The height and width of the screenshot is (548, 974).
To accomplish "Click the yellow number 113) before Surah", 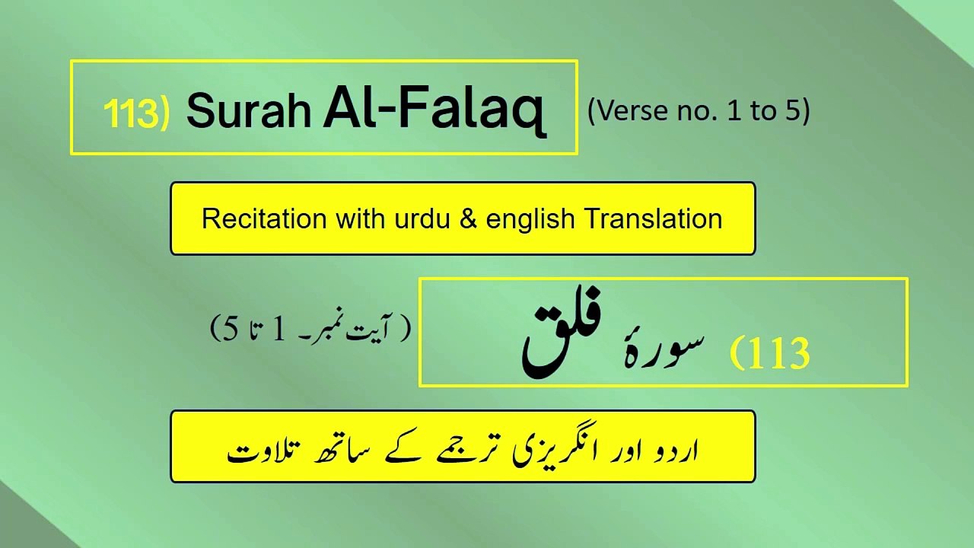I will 136,113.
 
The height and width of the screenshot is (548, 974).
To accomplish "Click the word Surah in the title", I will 248,112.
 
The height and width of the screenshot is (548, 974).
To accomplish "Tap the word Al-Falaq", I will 434,110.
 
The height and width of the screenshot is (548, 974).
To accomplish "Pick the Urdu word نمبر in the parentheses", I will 329,329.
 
